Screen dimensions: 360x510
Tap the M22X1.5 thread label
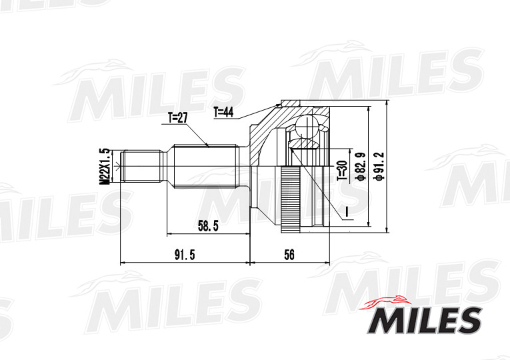coord(104,165)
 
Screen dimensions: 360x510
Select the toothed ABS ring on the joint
coord(288,200)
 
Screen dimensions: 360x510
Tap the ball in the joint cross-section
coord(306,127)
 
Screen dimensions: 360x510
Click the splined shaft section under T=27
coord(203,167)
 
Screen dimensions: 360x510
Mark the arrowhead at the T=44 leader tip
coord(279,105)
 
